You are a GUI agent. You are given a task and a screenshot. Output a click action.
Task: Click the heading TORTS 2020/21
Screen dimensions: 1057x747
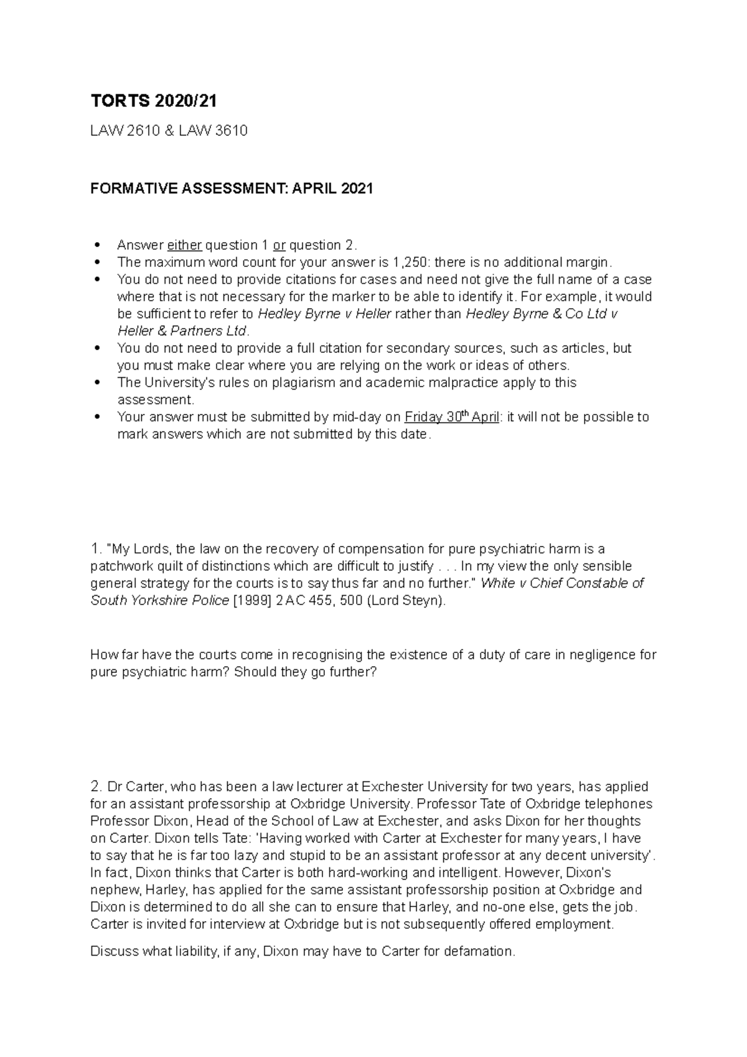154,101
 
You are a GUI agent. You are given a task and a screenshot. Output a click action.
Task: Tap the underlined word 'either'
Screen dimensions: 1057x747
184,245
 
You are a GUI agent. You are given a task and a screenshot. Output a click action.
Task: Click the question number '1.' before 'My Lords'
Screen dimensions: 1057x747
96,549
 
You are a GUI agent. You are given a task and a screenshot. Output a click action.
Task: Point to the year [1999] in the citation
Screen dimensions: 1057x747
252,601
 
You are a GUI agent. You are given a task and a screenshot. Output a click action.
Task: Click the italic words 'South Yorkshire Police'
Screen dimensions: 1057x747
159,601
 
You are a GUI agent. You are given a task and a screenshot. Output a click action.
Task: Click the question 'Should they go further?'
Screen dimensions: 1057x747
306,672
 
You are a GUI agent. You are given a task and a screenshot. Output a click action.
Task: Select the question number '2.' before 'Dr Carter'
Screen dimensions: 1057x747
96,786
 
